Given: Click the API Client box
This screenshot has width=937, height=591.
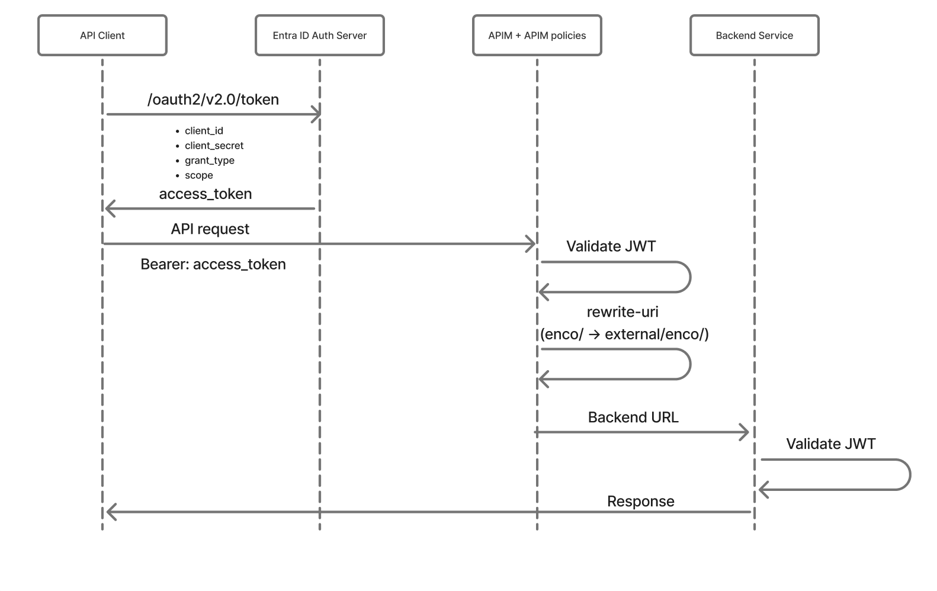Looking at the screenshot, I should point(102,36).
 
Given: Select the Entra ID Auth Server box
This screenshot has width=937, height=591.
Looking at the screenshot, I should point(319,36).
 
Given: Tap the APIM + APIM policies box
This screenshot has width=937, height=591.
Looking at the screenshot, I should point(537,36).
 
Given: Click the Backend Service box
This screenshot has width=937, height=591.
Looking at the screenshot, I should point(754,36).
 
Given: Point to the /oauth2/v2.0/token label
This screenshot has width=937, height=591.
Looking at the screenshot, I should point(213,99).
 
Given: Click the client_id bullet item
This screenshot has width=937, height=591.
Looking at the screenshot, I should point(204,131).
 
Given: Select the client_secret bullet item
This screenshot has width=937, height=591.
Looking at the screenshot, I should point(214,146).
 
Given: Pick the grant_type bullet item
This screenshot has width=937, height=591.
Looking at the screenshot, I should point(209,160).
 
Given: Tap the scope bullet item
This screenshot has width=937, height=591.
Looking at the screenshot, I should point(198,175).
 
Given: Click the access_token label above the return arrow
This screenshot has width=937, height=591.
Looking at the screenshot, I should point(206,194).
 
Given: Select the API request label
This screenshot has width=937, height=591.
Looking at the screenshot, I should point(210,229).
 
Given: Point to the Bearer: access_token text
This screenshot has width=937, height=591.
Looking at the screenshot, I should point(213,264).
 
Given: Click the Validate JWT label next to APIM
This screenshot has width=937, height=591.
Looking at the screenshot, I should point(611,246).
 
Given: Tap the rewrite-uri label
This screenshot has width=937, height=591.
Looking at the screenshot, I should point(622,312).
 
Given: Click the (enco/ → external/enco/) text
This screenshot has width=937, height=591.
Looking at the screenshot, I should point(624,335).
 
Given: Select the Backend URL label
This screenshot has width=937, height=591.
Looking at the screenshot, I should point(633,417).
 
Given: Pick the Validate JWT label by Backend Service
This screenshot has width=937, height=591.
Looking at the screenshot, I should point(830,444).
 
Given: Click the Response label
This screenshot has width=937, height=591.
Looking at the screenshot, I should point(640,502).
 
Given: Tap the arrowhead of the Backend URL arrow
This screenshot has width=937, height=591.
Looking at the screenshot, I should point(745,432).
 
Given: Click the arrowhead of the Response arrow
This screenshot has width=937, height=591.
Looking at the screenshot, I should point(111,512).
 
